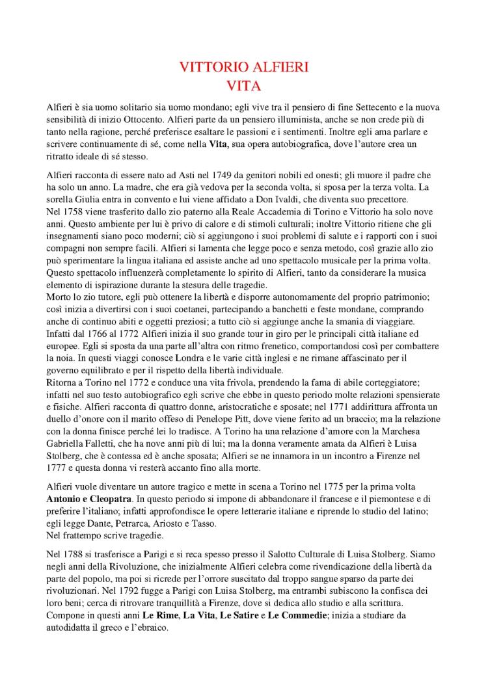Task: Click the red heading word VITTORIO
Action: tap(209, 67)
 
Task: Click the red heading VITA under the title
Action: tap(243, 84)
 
